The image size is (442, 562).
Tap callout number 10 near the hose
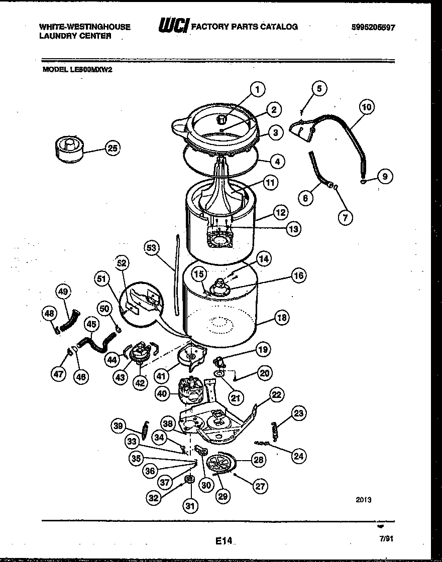tap(366, 107)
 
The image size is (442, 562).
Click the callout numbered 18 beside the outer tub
tap(282, 317)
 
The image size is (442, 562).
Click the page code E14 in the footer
tap(225, 540)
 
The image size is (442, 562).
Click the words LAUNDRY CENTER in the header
tap(75, 36)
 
